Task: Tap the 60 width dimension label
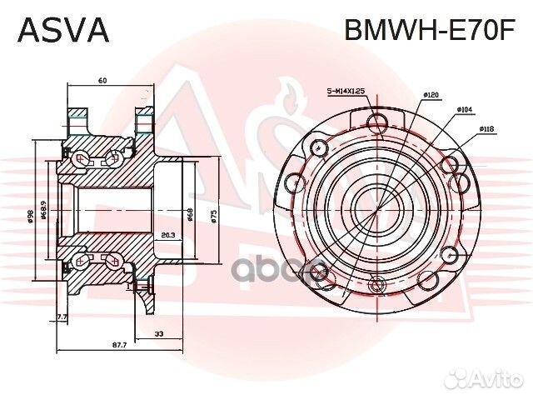(x=102, y=81)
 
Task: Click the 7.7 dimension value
(x=62, y=317)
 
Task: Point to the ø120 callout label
(x=431, y=96)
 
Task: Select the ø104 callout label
(x=466, y=109)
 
